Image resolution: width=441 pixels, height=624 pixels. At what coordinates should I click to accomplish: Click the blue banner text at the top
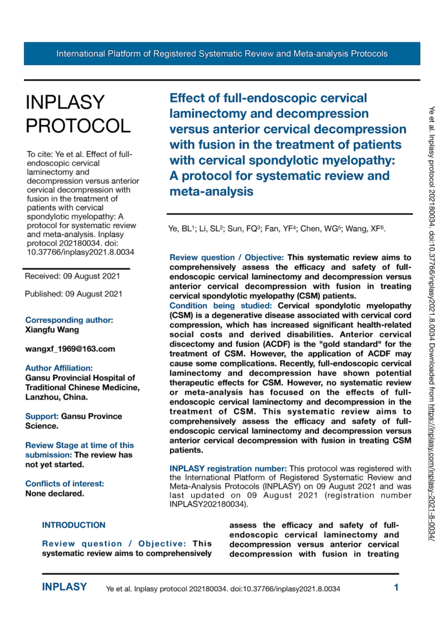point(222,53)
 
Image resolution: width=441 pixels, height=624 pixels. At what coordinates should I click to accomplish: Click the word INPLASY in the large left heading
point(65,103)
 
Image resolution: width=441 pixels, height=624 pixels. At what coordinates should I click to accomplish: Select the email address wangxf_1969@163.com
point(70,349)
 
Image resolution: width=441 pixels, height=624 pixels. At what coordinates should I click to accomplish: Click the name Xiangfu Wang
point(52,330)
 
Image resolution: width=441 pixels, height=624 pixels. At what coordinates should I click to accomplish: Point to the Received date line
point(72,276)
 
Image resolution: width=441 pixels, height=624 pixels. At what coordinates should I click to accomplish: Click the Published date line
point(73,294)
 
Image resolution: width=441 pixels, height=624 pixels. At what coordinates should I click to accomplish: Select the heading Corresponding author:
point(69,320)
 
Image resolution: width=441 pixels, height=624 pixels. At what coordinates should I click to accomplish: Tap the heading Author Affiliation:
point(59,368)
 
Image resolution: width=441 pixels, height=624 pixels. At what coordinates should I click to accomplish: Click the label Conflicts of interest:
point(65,483)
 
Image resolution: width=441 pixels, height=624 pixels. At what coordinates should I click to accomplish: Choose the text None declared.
point(55,493)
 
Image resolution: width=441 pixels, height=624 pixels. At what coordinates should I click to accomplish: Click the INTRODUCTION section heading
point(74,525)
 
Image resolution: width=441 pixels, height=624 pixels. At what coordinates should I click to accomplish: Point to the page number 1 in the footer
point(396,587)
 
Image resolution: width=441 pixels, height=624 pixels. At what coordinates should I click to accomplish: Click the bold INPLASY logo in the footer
point(65,587)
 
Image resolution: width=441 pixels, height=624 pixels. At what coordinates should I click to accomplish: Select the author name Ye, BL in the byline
point(183,230)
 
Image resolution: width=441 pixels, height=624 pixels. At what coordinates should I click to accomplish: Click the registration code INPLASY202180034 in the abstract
point(205,505)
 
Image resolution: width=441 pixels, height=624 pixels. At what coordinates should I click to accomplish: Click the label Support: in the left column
point(42,416)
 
